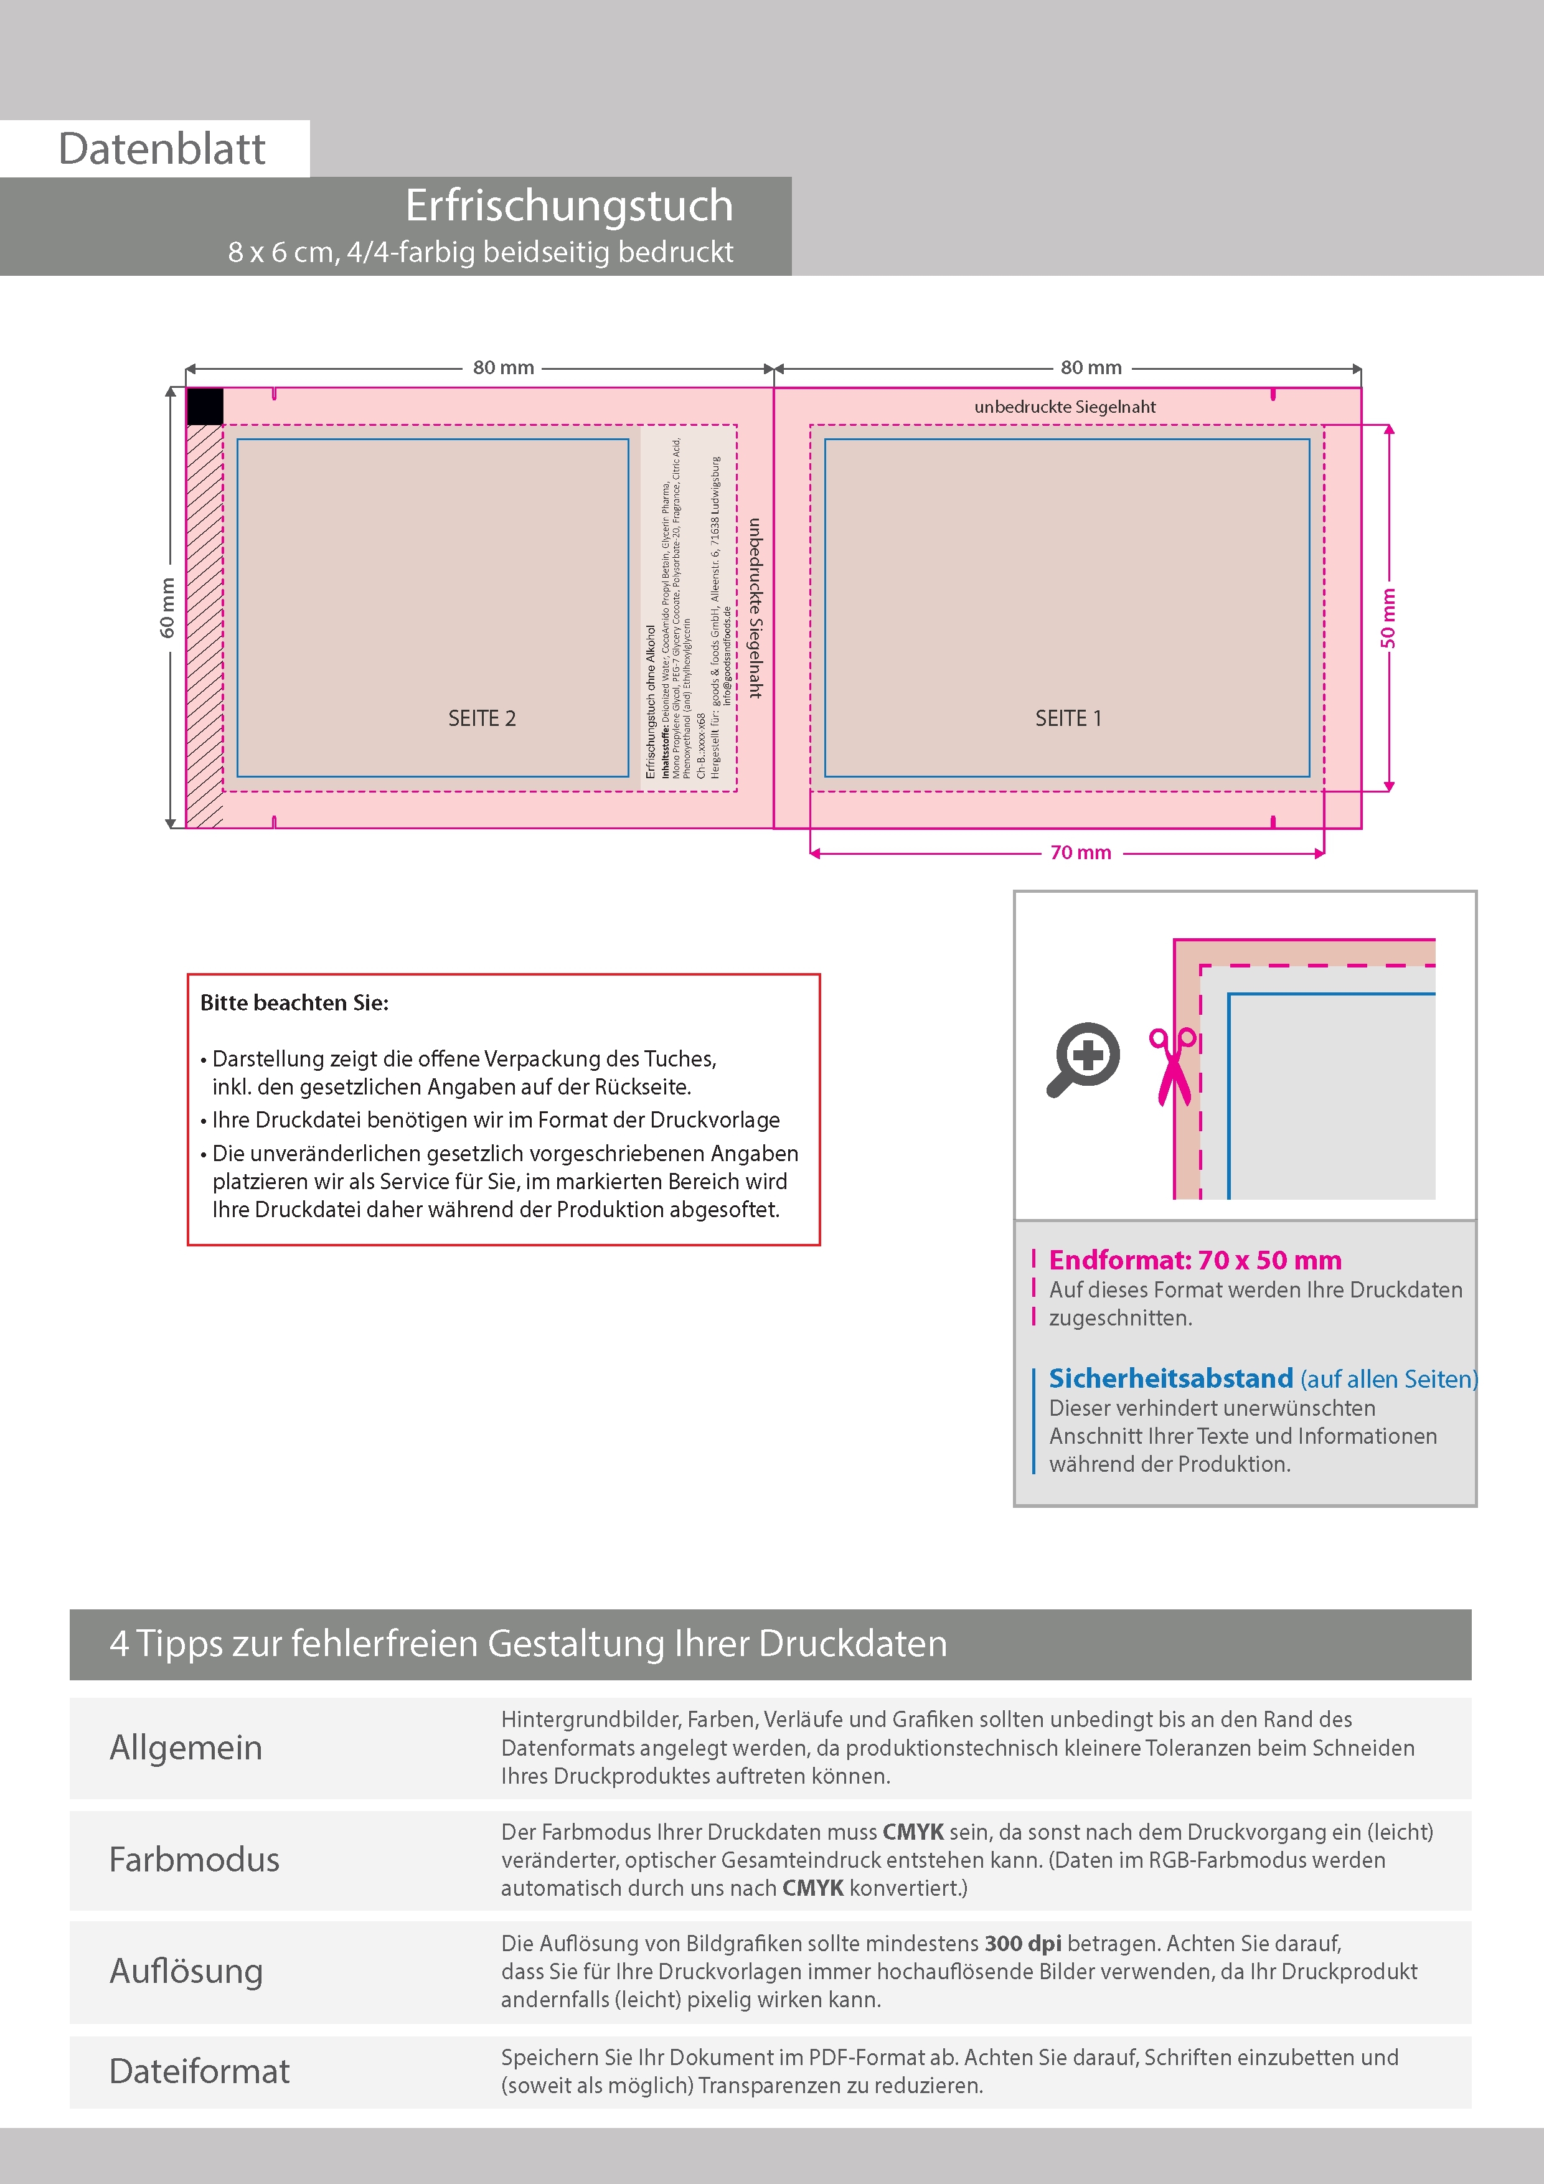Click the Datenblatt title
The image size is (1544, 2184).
pyautogui.click(x=162, y=149)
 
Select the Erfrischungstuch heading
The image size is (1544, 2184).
pyautogui.click(x=569, y=205)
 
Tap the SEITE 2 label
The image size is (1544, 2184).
pyautogui.click(x=481, y=718)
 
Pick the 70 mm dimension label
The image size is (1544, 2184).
pyautogui.click(x=1081, y=852)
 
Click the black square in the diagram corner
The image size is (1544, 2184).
pyautogui.click(x=205, y=406)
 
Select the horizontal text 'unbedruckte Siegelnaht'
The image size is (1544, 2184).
pyautogui.click(x=1065, y=406)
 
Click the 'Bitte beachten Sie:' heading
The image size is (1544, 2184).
pyautogui.click(x=294, y=1002)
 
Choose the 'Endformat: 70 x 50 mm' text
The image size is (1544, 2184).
pyautogui.click(x=1195, y=1260)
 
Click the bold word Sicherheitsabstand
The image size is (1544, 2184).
pyautogui.click(x=1170, y=1378)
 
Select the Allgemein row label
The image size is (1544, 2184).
pyautogui.click(x=186, y=1748)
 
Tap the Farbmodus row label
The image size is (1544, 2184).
pyautogui.click(x=194, y=1860)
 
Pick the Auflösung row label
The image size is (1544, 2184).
pyautogui.click(x=186, y=1971)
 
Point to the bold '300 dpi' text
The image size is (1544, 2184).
pyautogui.click(x=1023, y=1943)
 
